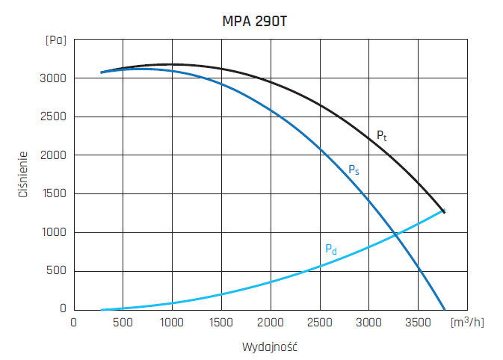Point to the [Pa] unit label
tap(55, 40)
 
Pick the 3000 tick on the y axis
tap(54, 78)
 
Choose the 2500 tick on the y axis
tap(54, 117)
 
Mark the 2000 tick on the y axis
tap(54, 155)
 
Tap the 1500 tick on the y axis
tap(54, 194)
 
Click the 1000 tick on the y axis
tap(54, 233)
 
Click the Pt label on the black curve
tap(381, 136)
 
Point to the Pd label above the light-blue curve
tap(330, 249)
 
